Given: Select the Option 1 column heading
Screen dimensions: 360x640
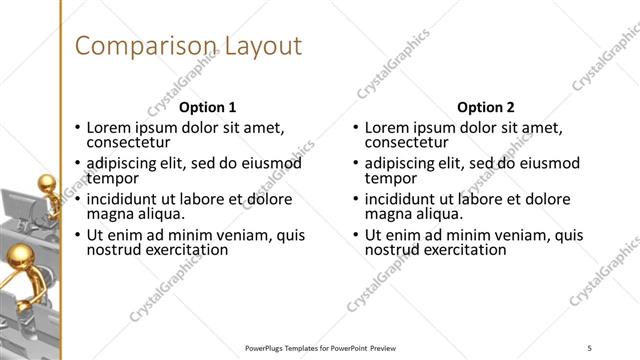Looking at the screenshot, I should point(208,107).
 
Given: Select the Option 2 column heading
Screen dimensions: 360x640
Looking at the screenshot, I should point(485,107).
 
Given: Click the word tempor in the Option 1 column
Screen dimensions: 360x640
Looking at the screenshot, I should point(110,178).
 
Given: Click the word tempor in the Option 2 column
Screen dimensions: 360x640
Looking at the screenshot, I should point(388,178).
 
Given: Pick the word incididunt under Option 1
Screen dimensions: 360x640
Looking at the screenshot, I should point(124,198).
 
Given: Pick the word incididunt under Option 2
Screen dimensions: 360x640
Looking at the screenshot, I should point(402,198).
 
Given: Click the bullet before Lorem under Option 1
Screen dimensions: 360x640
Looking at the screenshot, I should point(77,128).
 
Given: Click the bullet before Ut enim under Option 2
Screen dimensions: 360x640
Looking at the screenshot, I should point(355,236).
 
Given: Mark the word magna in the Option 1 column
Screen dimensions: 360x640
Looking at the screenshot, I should point(108,213).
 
